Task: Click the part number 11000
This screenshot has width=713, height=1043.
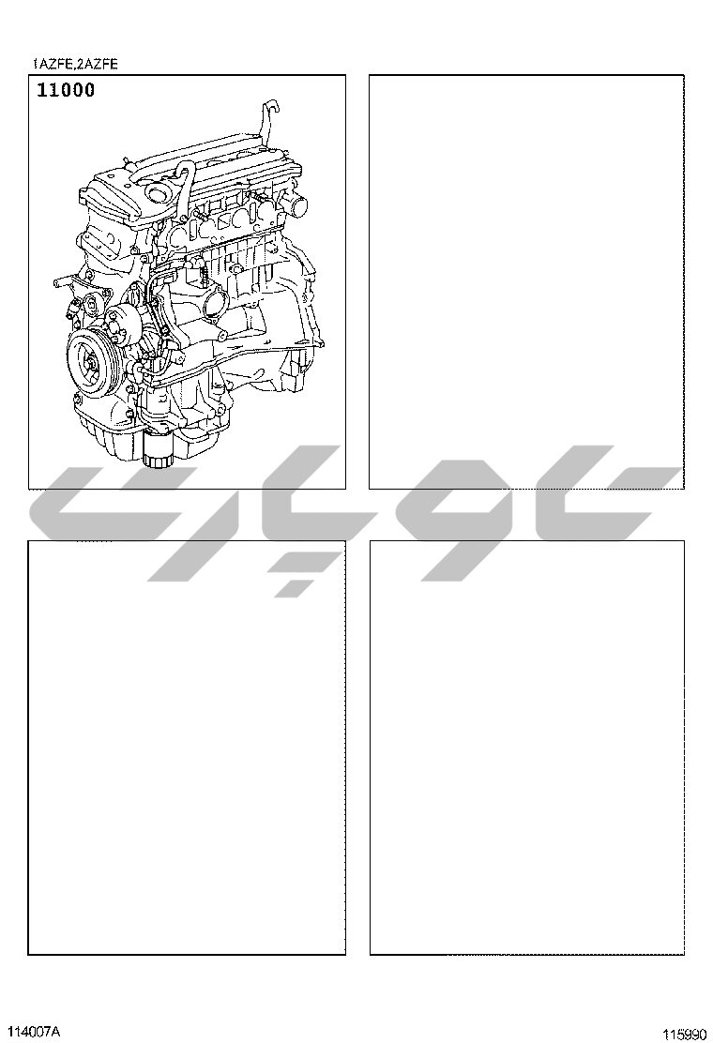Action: [65, 90]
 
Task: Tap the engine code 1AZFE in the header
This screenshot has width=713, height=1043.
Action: [53, 65]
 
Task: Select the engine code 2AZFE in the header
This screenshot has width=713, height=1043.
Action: [98, 65]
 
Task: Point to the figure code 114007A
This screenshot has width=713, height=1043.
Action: [38, 1032]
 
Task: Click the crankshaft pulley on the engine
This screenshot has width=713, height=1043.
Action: [93, 360]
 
